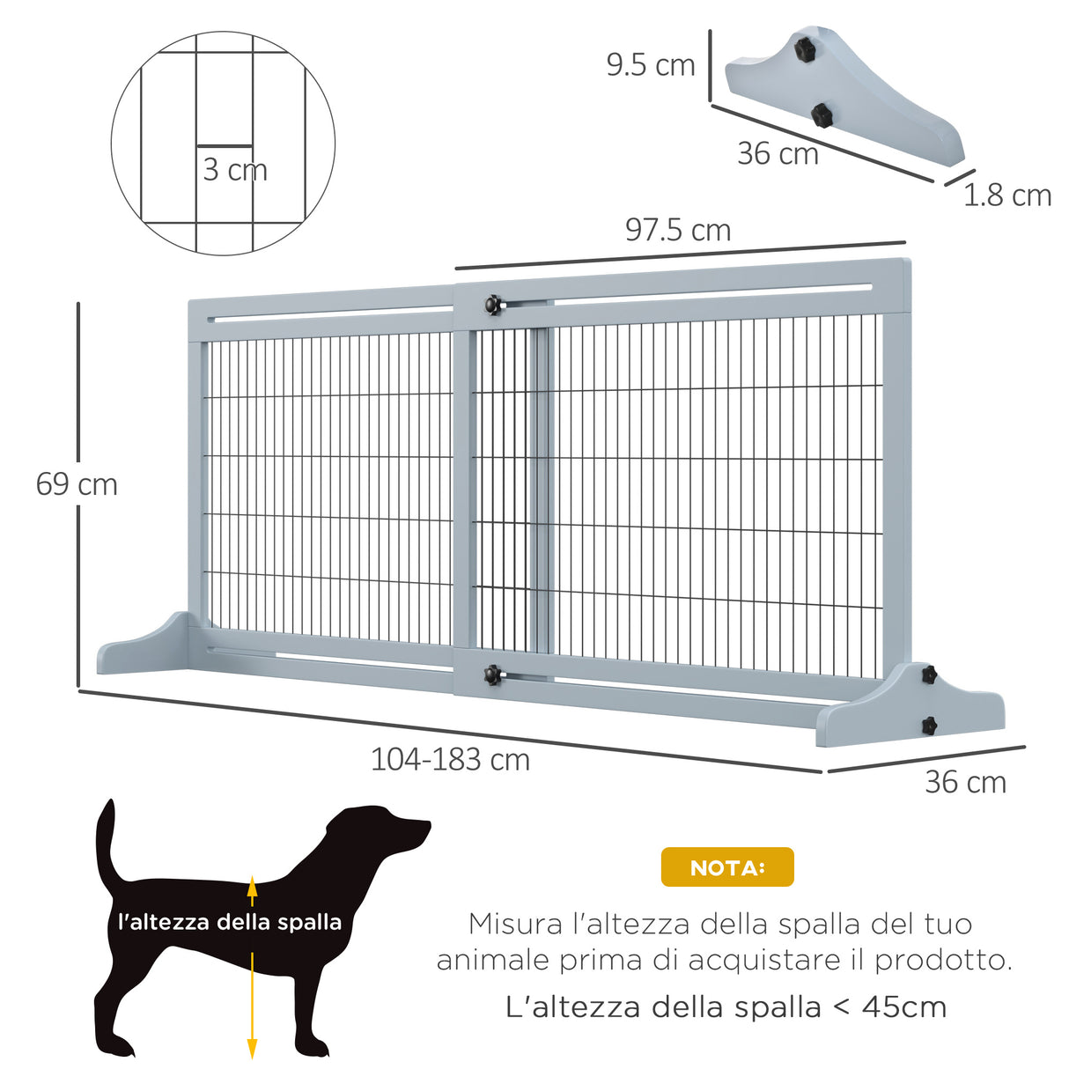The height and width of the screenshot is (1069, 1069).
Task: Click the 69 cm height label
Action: click(x=77, y=484)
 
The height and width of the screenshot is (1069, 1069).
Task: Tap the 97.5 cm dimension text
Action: click(x=678, y=230)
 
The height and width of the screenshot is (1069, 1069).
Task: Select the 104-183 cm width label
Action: click(x=450, y=759)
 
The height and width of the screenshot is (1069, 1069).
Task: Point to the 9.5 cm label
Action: click(x=650, y=64)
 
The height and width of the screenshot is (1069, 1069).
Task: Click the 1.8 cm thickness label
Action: click(x=1006, y=195)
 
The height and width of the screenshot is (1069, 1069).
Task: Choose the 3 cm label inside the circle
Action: click(x=234, y=169)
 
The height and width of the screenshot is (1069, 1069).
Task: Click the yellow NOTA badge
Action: click(x=727, y=867)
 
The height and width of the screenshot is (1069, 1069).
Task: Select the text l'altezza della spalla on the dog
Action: click(x=230, y=922)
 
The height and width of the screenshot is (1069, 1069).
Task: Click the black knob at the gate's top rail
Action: click(x=491, y=305)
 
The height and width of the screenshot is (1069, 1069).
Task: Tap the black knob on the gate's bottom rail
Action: click(x=491, y=675)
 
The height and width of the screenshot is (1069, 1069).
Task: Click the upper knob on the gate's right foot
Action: click(x=928, y=675)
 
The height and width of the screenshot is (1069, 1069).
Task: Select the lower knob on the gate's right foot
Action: click(x=928, y=726)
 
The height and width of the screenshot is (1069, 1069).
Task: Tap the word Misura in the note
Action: click(x=515, y=924)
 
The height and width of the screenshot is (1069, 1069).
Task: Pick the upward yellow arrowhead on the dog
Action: click(x=252, y=887)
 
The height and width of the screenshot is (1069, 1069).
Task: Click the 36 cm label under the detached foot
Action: click(x=778, y=153)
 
